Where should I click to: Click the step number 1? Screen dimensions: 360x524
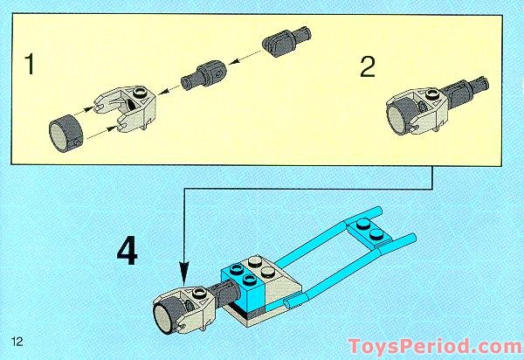coord(31,66)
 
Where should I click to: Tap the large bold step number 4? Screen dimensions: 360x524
coord(128,253)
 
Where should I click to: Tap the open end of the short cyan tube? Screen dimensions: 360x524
coord(288,303)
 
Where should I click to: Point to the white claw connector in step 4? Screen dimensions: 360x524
coord(188,306)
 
